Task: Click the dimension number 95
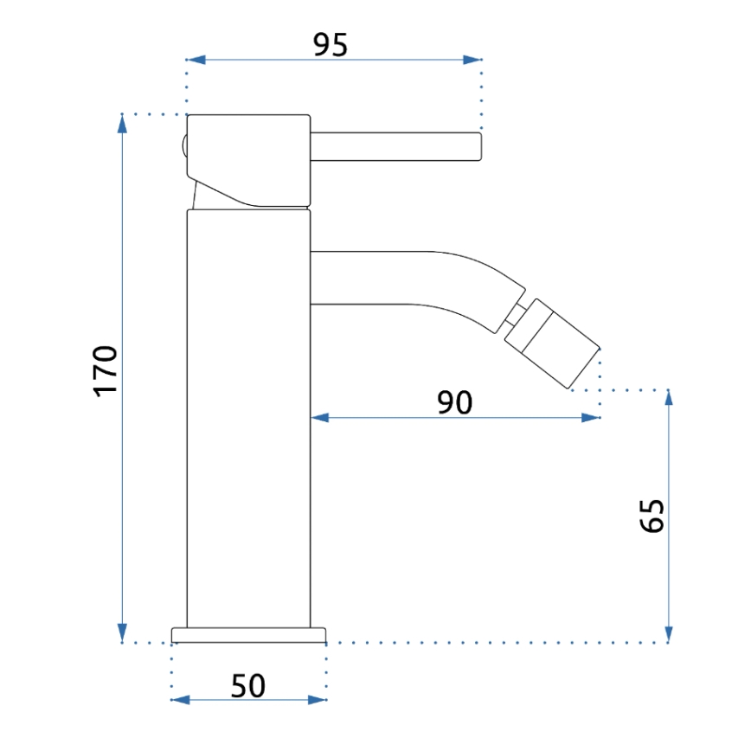[x=330, y=43]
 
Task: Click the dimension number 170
[x=105, y=369]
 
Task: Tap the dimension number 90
[x=454, y=402]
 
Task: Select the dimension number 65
[x=652, y=517]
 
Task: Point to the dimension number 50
[x=247, y=686]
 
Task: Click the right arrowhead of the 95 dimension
[x=472, y=60]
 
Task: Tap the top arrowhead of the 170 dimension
[x=123, y=124]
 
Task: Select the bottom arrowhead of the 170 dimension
[x=123, y=633]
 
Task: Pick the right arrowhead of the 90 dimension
[x=591, y=418]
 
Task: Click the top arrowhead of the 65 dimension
[x=668, y=399]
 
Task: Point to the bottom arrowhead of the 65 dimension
[x=668, y=633]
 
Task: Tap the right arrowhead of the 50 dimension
[x=318, y=700]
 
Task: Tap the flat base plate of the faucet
[x=249, y=636]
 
